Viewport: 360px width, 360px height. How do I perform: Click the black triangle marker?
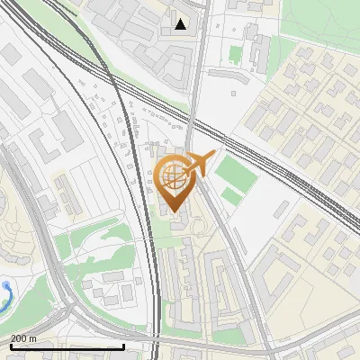pos(181,23)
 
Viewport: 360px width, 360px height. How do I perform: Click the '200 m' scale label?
pos(22,338)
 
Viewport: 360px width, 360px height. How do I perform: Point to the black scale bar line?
pos(67,346)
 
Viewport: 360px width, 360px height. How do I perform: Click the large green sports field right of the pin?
pos(236,171)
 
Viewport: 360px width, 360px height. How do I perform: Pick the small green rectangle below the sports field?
pos(231,195)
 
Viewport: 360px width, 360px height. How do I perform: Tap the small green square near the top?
pos(235,55)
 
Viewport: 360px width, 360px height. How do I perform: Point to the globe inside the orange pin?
pos(173,176)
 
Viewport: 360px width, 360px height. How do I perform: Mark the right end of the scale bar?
pos(123,346)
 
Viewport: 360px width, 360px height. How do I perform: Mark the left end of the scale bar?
pos(10,346)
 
